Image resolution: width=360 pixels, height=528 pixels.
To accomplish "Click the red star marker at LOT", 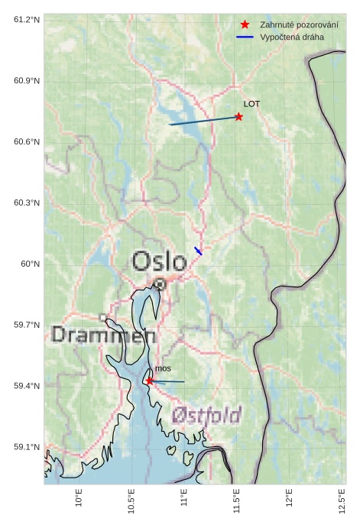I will click(238, 117).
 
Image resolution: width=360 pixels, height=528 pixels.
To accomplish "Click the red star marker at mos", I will click(150, 381).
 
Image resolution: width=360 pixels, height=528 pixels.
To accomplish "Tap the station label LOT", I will click(251, 104).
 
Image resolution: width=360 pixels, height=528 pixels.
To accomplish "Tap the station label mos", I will click(163, 369).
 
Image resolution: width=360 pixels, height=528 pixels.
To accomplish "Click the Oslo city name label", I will click(159, 261).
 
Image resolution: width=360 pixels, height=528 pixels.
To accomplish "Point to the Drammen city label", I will click(104, 335).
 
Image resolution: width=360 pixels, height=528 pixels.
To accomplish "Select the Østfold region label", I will click(206, 415).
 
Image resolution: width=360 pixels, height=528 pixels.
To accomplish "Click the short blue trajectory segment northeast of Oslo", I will click(198, 251).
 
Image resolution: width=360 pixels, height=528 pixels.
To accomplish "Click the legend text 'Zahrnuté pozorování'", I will click(299, 24).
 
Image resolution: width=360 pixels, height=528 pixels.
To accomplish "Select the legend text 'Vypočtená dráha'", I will click(291, 37).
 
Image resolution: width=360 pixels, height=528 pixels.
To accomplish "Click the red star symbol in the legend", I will click(245, 24).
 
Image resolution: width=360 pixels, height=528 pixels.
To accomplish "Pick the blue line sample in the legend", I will click(245, 37).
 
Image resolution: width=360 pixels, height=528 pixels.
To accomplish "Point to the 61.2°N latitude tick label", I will click(27, 19).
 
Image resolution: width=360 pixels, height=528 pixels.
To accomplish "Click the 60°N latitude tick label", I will click(30, 264).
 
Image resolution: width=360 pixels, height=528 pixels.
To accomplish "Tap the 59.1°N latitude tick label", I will click(27, 447).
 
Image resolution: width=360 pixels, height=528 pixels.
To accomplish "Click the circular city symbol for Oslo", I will click(160, 283).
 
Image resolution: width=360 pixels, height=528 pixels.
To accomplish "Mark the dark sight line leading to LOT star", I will click(203, 121).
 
